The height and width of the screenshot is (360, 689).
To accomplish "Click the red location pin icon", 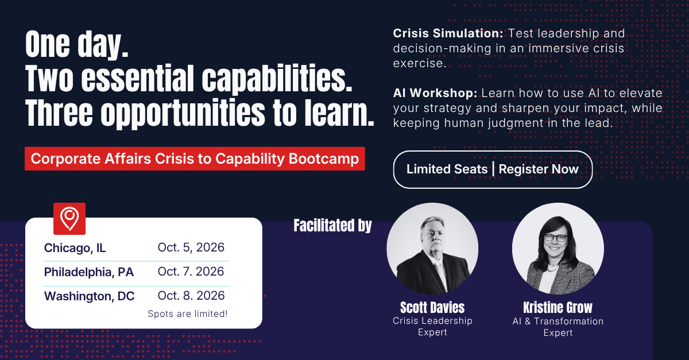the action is pyautogui.click(x=69, y=218).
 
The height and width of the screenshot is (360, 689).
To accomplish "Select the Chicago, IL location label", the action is pyautogui.click(x=75, y=248).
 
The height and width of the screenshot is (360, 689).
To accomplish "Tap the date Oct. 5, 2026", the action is pyautogui.click(x=191, y=247).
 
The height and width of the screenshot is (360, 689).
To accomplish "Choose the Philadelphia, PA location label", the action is pyautogui.click(x=89, y=272).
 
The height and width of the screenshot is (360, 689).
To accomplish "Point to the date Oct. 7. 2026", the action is pyautogui.click(x=191, y=272).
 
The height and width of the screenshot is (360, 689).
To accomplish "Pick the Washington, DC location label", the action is pyautogui.click(x=89, y=296).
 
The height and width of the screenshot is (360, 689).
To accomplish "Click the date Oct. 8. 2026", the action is pyautogui.click(x=191, y=295).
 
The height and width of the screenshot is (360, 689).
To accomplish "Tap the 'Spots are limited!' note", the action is pyautogui.click(x=188, y=314).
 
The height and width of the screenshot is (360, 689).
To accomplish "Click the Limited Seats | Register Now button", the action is pyautogui.click(x=493, y=169).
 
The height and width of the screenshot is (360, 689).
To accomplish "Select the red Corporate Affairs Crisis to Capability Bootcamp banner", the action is pyautogui.click(x=195, y=159).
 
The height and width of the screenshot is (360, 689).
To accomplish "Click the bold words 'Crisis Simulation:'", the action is pyautogui.click(x=448, y=33).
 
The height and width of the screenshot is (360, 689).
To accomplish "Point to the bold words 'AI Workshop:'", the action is pyautogui.click(x=435, y=93).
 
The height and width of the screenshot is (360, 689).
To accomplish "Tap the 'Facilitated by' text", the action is pyautogui.click(x=332, y=225).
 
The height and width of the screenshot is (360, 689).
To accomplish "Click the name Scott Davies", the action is pyautogui.click(x=432, y=307).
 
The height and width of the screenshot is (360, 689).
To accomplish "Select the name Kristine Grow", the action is pyautogui.click(x=558, y=307).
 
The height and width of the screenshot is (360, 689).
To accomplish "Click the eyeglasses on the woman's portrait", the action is pyautogui.click(x=556, y=238).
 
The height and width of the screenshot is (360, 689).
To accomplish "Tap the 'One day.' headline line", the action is pyautogui.click(x=77, y=44).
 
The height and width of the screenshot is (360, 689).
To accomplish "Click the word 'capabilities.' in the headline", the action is pyautogui.click(x=277, y=78).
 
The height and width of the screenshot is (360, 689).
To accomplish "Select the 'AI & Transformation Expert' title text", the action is pyautogui.click(x=558, y=327).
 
